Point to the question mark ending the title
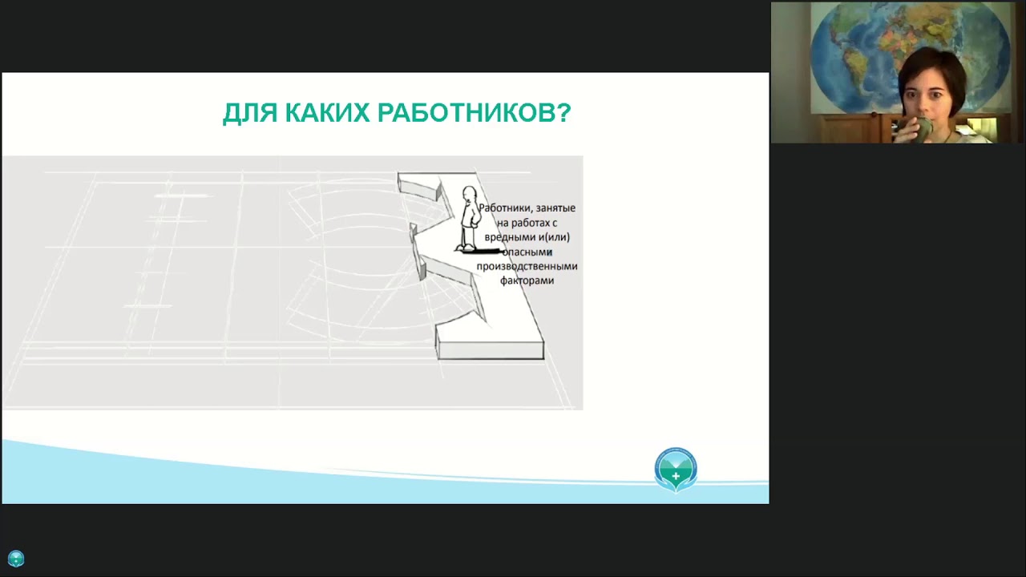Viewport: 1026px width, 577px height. pos(563,113)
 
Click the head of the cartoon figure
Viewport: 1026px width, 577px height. pos(469,196)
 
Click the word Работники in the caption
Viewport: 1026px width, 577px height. pos(505,208)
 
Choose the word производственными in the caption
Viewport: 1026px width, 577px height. pos(527,266)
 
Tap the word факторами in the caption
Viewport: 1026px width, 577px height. pos(527,280)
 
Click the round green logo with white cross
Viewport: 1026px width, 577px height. pos(676,469)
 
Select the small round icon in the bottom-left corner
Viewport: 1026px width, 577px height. pos(16,559)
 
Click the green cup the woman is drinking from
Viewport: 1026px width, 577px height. pos(923,127)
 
